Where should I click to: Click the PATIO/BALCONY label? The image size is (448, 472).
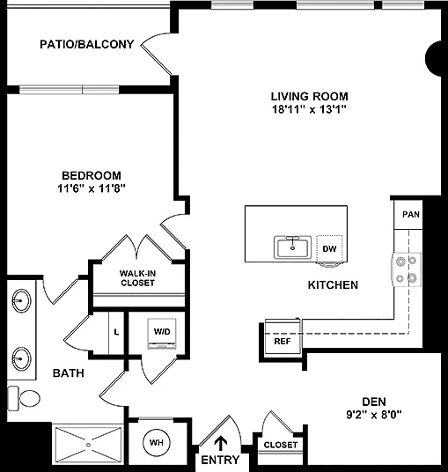click(86, 45)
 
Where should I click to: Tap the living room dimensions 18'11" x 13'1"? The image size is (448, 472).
click(310, 109)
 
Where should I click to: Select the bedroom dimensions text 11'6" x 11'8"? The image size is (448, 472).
click(92, 188)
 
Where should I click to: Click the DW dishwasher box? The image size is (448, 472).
click(329, 248)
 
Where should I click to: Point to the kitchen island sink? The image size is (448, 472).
click(292, 247)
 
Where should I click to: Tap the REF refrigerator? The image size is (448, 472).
click(283, 336)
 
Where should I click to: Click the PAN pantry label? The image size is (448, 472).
click(411, 214)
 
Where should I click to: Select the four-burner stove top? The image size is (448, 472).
click(406, 269)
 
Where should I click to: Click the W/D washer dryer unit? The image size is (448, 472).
click(162, 334)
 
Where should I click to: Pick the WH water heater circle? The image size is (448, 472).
click(157, 442)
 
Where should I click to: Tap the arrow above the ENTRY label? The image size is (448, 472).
click(221, 444)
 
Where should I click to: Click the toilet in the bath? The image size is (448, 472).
click(24, 398)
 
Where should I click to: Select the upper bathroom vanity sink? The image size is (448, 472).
click(21, 300)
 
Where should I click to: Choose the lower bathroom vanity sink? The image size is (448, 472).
click(21, 358)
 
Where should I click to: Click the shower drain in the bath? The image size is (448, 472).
click(88, 445)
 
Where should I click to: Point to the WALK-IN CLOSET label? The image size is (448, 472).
click(138, 278)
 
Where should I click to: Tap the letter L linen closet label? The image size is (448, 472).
click(116, 332)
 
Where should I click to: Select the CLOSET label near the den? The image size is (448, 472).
click(281, 445)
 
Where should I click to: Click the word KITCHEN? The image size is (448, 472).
click(333, 285)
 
